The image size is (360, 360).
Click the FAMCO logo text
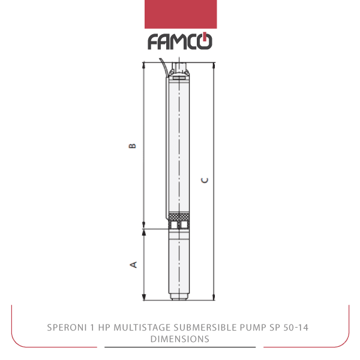180,41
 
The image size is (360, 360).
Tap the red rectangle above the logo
181,14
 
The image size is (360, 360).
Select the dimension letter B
132,146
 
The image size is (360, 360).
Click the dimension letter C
205,180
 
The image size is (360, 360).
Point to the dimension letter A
133,265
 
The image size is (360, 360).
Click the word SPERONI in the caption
66,328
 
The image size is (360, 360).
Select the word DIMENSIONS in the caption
180,339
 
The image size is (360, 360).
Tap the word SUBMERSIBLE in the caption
205,328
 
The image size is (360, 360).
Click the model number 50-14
296,328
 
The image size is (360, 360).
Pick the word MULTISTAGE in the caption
142,328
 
